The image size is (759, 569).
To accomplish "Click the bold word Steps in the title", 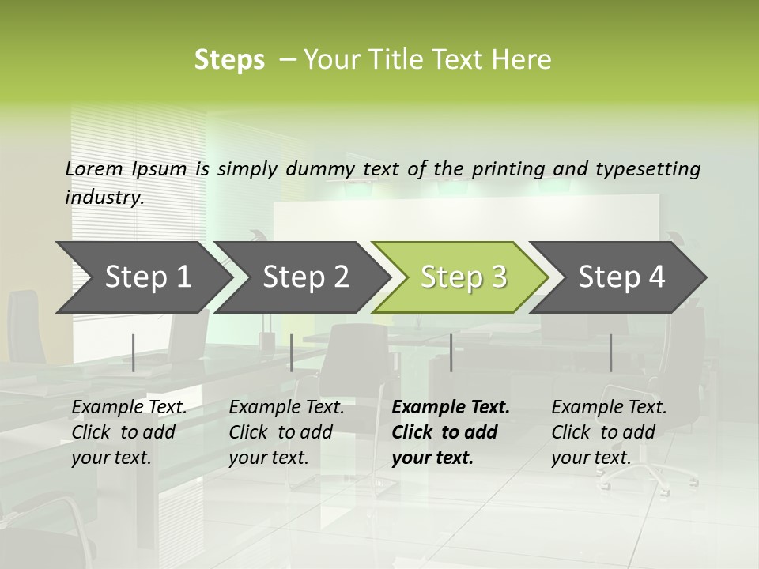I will (229, 60).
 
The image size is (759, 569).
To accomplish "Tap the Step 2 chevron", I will (305, 277).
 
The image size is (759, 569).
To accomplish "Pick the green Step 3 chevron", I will (463, 277).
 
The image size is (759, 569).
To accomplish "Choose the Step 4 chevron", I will (621, 277).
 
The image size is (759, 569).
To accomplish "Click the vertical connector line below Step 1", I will (134, 352).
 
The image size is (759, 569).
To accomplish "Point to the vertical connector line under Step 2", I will (292, 352).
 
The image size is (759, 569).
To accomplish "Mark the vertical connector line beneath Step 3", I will (451, 352).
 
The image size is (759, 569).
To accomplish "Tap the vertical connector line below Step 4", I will (610, 352).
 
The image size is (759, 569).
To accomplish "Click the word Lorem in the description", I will (94, 168).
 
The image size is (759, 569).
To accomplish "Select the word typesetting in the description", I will (654, 168).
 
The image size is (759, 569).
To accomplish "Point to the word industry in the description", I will (104, 197).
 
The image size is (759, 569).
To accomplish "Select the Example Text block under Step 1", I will (130, 432).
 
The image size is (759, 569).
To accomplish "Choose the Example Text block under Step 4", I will (609, 432).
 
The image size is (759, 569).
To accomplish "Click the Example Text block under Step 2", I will (286, 432).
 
